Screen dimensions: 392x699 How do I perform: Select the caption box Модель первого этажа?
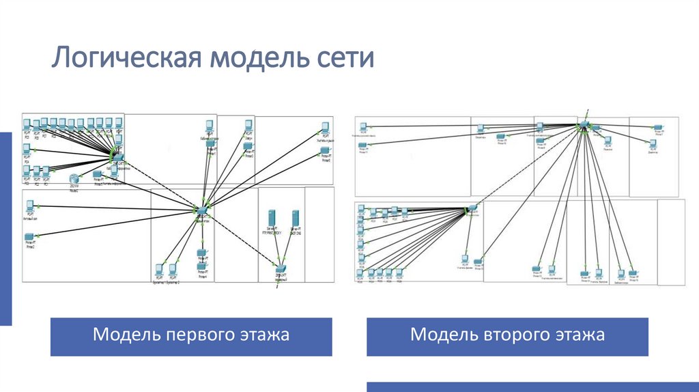tap(191, 336)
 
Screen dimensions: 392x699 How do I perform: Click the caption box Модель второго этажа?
tap(507, 336)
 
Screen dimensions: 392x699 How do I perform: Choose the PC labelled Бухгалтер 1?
tap(159, 268)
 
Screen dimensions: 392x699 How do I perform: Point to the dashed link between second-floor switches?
tap(526, 167)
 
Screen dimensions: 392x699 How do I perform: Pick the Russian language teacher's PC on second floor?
tap(364, 128)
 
